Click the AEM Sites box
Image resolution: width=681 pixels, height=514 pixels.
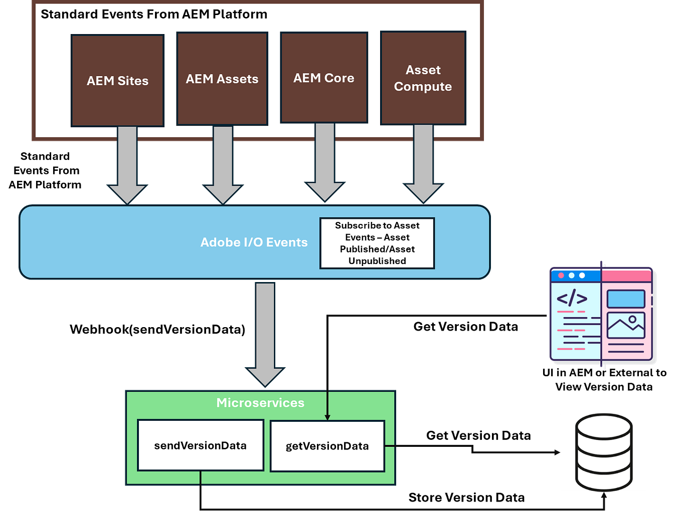[x=117, y=81]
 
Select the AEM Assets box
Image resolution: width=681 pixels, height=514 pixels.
[x=222, y=79]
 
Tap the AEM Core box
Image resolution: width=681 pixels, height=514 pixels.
[x=324, y=78]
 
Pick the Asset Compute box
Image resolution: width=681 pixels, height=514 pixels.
[x=423, y=78]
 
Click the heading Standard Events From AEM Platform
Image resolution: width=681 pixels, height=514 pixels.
[x=154, y=14]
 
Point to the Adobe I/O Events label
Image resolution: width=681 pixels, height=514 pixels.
[x=254, y=242]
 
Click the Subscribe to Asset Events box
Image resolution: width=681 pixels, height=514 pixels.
[x=377, y=243]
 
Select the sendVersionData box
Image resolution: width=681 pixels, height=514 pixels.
[x=200, y=445]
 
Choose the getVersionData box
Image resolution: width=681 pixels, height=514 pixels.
[x=327, y=446]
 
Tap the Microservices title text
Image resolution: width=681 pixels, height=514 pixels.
[x=260, y=403]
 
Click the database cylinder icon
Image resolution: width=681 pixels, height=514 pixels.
[x=604, y=452]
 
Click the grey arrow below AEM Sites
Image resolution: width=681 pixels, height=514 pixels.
[x=127, y=165]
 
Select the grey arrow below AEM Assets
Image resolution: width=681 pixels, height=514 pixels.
[x=223, y=165]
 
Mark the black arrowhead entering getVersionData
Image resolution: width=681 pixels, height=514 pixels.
[x=327, y=417]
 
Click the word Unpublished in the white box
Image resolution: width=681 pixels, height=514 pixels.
[x=377, y=261]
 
